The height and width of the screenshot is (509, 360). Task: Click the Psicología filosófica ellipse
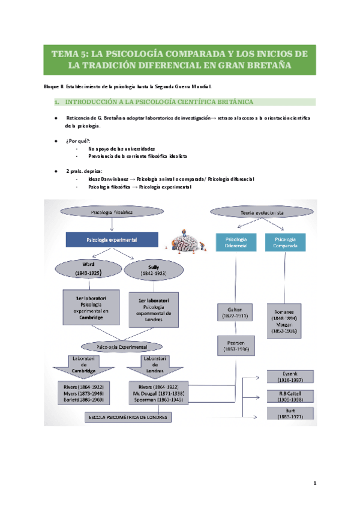coord(112,212)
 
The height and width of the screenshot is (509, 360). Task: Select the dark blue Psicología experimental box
coord(112,239)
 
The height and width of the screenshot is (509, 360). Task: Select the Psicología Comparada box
coord(286,241)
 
